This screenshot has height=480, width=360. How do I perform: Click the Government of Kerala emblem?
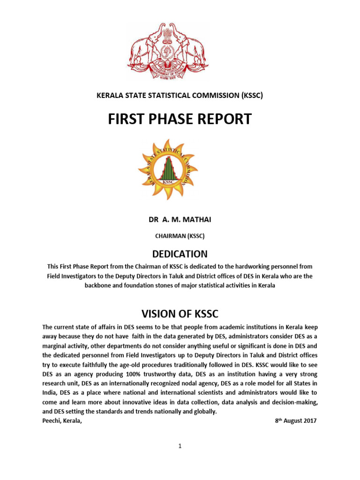point(162,52)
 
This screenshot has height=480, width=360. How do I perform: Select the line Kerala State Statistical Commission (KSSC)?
point(180,96)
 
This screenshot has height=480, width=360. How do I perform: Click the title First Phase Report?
point(180,119)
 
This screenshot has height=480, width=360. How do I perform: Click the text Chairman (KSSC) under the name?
point(180,236)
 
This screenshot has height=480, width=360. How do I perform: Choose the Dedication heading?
point(180,254)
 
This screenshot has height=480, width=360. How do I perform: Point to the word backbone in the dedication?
point(98,285)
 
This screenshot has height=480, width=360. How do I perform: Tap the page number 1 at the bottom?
point(180,446)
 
